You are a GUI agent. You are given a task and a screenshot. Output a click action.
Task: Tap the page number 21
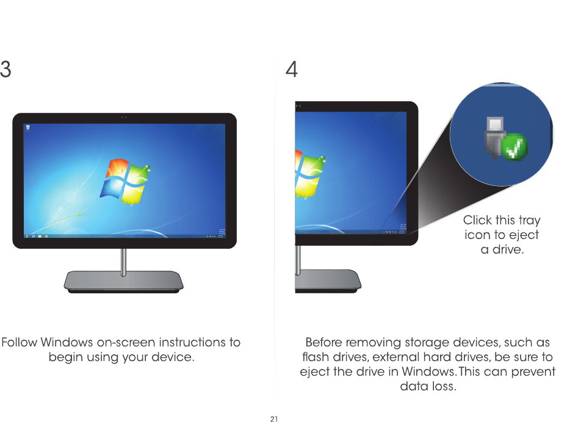coord(274,418)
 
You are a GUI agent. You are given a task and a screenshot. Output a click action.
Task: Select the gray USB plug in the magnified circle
coord(493,138)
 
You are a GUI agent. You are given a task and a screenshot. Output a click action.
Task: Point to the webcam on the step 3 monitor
coord(125,116)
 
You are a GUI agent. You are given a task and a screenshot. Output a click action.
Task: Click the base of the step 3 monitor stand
coord(124,281)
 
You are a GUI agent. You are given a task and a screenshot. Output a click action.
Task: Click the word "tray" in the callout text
coord(529,220)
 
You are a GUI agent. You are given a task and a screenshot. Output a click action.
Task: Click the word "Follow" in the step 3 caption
coord(22,342)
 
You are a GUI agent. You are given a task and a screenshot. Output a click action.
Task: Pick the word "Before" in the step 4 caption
coord(323,342)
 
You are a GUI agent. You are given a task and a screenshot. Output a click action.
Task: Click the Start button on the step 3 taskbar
coord(26,235)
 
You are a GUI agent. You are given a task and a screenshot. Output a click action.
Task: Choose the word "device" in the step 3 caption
coord(173,357)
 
